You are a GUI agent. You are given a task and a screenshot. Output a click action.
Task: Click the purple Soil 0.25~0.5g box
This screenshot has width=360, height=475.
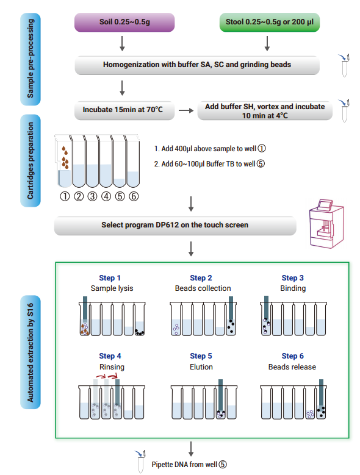[x=124, y=22]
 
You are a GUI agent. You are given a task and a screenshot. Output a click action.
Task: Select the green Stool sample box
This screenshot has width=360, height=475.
[x=270, y=22]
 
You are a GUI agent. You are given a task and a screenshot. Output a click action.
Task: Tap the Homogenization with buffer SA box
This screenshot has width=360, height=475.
[x=197, y=65]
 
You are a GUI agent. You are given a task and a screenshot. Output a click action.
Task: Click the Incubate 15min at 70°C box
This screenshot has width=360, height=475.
[x=124, y=110]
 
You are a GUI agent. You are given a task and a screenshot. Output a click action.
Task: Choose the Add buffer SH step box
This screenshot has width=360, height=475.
[x=265, y=111]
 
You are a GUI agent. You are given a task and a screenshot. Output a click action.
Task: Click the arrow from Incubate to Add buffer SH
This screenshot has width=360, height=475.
[x=186, y=110]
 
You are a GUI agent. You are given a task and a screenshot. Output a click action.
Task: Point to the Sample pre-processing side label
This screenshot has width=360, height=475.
[x=31, y=59]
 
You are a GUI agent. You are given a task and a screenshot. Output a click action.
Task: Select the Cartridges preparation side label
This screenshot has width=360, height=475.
[x=31, y=160]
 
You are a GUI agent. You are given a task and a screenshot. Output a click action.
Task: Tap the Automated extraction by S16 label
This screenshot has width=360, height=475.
[x=31, y=352]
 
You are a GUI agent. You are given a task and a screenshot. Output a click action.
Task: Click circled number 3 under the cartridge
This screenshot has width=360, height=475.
[x=92, y=196]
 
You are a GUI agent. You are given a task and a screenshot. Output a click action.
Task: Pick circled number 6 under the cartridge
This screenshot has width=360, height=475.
[x=134, y=196]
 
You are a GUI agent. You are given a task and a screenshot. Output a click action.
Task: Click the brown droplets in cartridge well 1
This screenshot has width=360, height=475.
[x=65, y=157]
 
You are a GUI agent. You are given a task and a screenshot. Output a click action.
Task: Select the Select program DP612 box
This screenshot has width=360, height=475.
[x=175, y=226]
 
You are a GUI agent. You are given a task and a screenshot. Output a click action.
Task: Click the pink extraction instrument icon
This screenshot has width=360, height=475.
[x=326, y=224]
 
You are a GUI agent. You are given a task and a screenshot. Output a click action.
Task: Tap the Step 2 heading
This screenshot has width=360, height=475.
[x=201, y=278]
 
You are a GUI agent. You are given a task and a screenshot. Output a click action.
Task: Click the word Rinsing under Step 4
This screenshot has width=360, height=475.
[x=112, y=367]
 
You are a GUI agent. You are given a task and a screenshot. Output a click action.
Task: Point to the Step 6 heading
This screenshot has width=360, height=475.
[x=292, y=356]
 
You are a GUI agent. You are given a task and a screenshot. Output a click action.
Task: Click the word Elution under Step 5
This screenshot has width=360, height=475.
[x=201, y=367]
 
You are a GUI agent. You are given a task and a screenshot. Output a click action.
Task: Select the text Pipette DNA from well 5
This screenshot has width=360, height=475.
[x=189, y=465]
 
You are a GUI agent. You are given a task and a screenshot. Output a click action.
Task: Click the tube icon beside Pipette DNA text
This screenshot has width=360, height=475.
[x=140, y=462]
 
